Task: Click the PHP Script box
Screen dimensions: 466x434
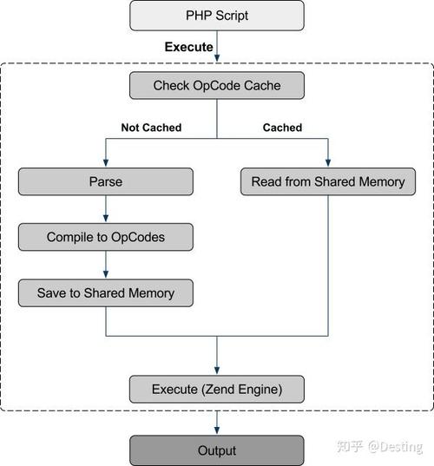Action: click(x=217, y=15)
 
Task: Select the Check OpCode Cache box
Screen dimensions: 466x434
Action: click(x=217, y=85)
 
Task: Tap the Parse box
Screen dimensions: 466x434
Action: click(x=105, y=181)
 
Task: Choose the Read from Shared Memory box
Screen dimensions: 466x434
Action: click(x=328, y=181)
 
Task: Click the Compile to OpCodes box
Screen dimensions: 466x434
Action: click(x=105, y=237)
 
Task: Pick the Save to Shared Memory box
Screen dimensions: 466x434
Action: click(x=105, y=292)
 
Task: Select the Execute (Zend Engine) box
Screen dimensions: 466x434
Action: click(x=217, y=388)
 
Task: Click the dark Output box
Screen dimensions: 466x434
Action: click(x=217, y=450)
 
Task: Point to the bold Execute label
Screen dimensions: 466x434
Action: click(x=188, y=47)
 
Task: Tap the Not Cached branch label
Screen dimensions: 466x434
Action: click(x=151, y=128)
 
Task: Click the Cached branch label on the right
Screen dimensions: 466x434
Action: click(x=282, y=128)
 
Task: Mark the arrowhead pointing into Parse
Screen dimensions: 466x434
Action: click(x=105, y=163)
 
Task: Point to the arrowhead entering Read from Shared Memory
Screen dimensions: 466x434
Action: click(x=328, y=163)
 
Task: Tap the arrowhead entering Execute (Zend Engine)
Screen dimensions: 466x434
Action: click(x=217, y=370)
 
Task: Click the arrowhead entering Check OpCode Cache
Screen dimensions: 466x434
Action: click(x=217, y=59)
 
